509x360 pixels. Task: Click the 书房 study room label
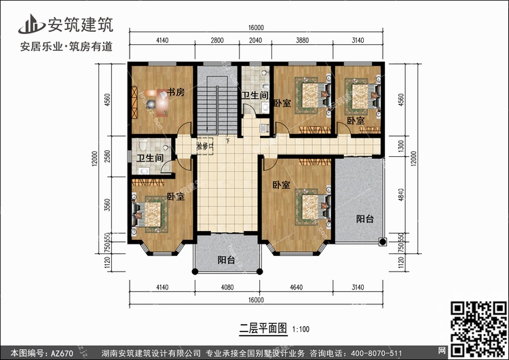[x=176, y=93]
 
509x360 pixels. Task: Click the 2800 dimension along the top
[x=216, y=41]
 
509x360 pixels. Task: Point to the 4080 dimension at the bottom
[x=227, y=287]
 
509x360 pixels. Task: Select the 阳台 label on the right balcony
[x=365, y=219]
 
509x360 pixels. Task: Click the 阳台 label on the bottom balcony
[x=226, y=259]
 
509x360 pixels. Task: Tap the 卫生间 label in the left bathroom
[x=149, y=158]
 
